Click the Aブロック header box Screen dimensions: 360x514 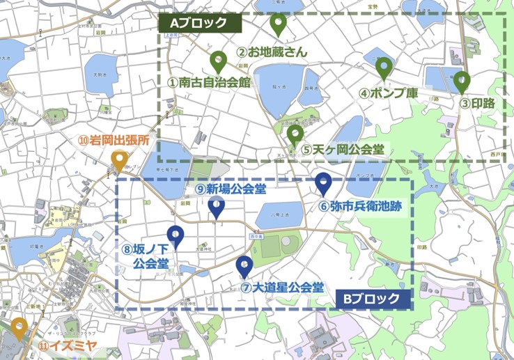(x=201, y=22)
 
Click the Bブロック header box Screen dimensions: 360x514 (x=372, y=299)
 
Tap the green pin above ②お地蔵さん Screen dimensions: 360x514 (x=278, y=24)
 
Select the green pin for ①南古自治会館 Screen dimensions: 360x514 (x=218, y=61)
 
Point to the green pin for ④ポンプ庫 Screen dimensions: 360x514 (x=384, y=68)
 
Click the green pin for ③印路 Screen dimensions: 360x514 (x=462, y=81)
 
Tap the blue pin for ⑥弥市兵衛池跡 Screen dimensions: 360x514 (x=323, y=182)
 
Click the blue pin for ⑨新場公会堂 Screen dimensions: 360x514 (x=217, y=206)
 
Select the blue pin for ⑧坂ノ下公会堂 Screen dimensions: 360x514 (x=174, y=236)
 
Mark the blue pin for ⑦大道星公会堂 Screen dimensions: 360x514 (x=244, y=265)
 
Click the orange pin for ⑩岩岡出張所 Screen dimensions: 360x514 (x=119, y=160)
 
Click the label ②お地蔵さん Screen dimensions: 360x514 (x=272, y=52)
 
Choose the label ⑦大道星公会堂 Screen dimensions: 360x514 (x=282, y=287)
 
